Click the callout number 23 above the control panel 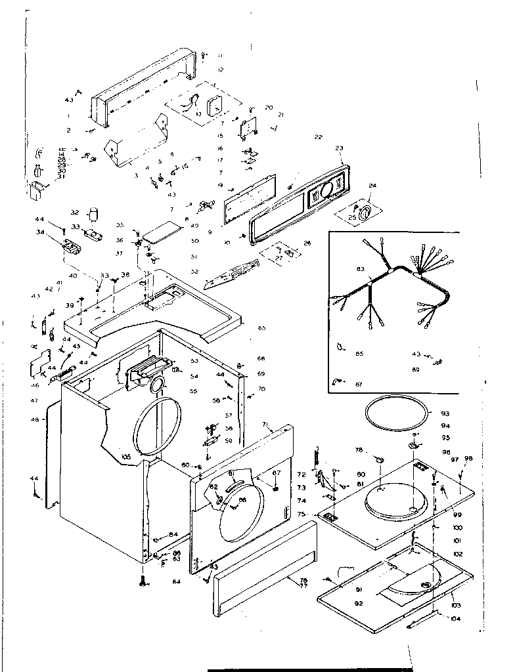click(x=340, y=148)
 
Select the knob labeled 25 click(x=365, y=210)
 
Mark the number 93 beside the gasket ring click(x=445, y=413)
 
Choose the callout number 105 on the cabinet click(x=126, y=456)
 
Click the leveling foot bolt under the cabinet click(x=143, y=580)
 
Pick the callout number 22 click(x=318, y=138)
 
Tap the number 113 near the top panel click(x=104, y=276)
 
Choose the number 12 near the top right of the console click(x=221, y=70)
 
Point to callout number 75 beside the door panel click(x=302, y=514)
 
